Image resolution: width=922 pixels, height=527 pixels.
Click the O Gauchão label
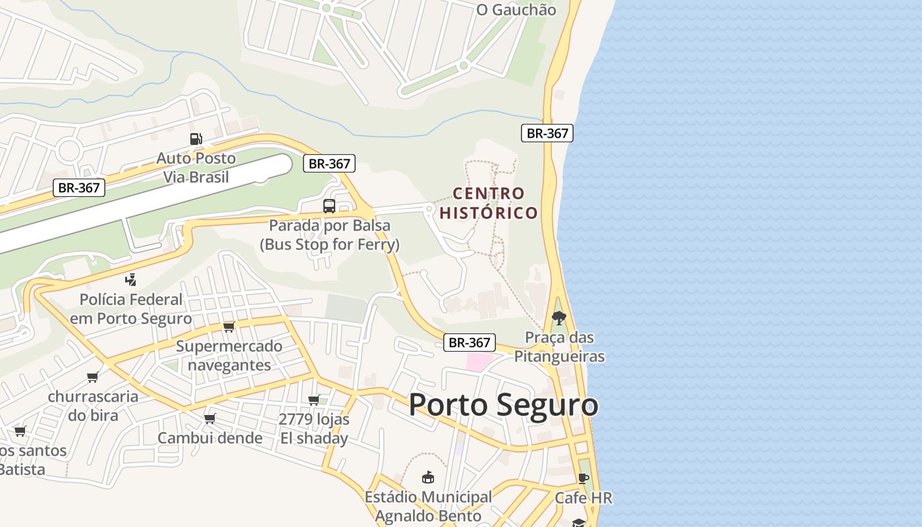[x=516, y=10]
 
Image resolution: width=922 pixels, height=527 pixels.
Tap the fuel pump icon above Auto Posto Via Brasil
[x=196, y=139]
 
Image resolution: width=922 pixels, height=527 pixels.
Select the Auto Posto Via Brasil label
[x=196, y=167]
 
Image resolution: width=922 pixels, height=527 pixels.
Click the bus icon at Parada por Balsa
[x=329, y=206]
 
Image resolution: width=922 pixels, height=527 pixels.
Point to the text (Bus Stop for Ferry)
[x=329, y=244]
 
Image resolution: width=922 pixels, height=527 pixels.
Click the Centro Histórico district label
[x=489, y=203]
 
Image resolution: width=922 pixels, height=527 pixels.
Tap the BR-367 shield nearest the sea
[x=547, y=133]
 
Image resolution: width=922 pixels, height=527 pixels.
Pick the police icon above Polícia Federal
[x=131, y=279]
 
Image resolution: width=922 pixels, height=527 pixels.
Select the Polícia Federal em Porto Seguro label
[x=131, y=309]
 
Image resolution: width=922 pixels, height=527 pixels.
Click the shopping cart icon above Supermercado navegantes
[x=229, y=327]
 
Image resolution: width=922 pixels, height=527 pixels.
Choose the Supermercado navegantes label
[x=229, y=355]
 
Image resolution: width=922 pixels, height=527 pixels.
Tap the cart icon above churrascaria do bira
[x=93, y=377]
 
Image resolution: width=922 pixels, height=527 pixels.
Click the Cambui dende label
[x=210, y=438]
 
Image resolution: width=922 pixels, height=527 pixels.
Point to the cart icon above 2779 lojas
[x=314, y=400]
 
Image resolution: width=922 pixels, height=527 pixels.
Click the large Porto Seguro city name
[x=503, y=404]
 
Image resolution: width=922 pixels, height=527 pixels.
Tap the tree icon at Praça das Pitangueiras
[x=559, y=318]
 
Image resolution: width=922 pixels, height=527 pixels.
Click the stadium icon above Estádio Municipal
[x=428, y=477]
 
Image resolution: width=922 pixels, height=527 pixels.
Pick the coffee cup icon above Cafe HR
[x=583, y=478]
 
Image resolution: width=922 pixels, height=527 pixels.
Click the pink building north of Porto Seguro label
[x=479, y=361]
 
